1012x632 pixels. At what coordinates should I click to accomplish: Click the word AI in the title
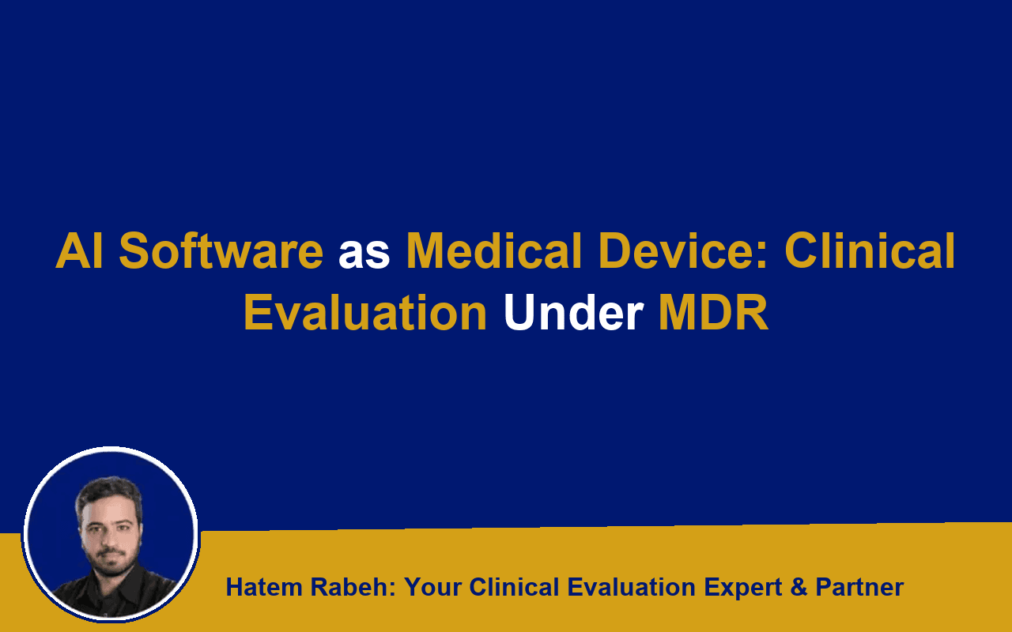pyautogui.click(x=79, y=250)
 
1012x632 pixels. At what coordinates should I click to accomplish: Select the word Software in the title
pyautogui.click(x=221, y=250)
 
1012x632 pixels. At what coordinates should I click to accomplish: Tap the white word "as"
pyautogui.click(x=364, y=254)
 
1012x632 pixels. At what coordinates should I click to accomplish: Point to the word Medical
pyautogui.click(x=494, y=250)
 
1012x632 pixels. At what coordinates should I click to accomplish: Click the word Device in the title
pyautogui.click(x=682, y=250)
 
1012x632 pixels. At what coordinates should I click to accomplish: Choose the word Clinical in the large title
pyautogui.click(x=870, y=250)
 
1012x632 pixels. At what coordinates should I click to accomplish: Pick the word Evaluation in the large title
pyautogui.click(x=365, y=312)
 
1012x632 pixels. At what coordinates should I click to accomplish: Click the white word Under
pyautogui.click(x=573, y=312)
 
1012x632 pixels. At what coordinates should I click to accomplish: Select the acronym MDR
pyautogui.click(x=714, y=312)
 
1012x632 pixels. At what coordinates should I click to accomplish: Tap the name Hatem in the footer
pyautogui.click(x=264, y=587)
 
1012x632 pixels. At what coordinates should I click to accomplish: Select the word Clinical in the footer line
pyautogui.click(x=515, y=587)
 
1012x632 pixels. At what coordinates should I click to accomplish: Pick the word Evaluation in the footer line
pyautogui.click(x=631, y=587)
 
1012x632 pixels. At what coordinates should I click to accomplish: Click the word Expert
pyautogui.click(x=742, y=588)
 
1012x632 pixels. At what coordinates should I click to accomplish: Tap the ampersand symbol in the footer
pyautogui.click(x=799, y=587)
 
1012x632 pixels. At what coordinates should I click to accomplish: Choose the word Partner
pyautogui.click(x=859, y=587)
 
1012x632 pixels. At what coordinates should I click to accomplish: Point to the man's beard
pyautogui.click(x=110, y=562)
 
